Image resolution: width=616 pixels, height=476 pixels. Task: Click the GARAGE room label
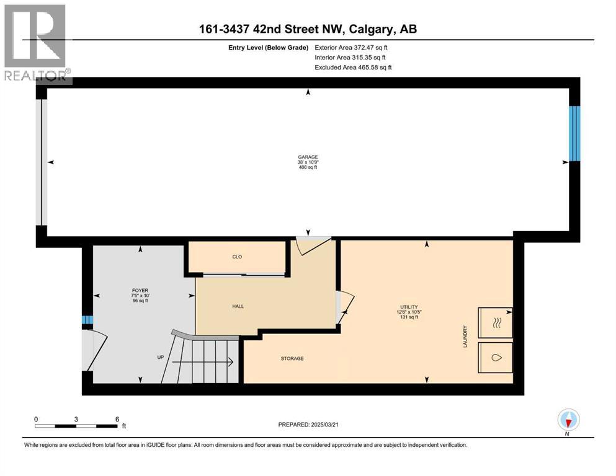[x=308, y=157]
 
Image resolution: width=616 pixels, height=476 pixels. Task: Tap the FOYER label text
[x=140, y=290]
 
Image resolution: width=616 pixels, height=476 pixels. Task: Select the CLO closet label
[x=236, y=257]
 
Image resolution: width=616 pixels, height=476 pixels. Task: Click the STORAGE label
[x=292, y=358]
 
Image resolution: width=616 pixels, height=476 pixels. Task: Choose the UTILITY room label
[x=408, y=307]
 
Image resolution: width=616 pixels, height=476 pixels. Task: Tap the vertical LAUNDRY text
[x=464, y=337]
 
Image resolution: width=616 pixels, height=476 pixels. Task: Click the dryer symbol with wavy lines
[x=495, y=322]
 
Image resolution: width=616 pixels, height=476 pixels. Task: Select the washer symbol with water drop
[x=495, y=358]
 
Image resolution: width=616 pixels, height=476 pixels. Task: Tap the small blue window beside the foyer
[x=87, y=320]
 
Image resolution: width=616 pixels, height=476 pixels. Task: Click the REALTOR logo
[x=36, y=43]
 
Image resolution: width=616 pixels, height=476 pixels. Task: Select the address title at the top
[x=308, y=29]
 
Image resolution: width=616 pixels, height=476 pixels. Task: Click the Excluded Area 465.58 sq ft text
[x=353, y=67]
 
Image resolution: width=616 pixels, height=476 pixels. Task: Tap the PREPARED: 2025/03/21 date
[x=314, y=425]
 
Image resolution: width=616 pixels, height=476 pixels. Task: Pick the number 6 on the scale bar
[x=117, y=419]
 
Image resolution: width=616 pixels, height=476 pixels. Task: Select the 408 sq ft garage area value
[x=308, y=167]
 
